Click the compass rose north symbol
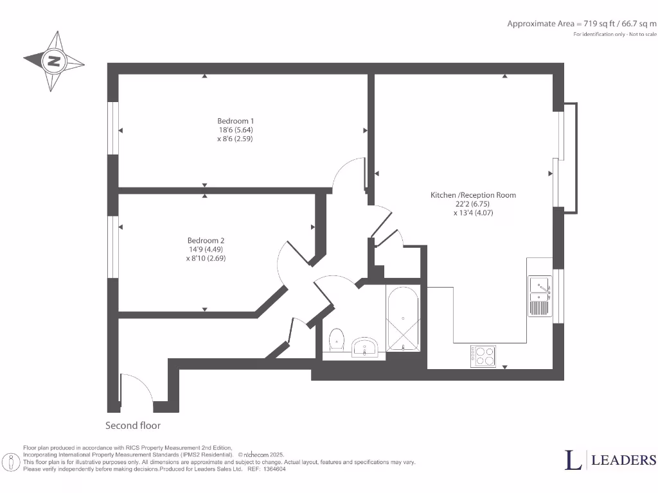coord(54,62)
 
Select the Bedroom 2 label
coord(206,240)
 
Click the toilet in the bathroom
coord(337,338)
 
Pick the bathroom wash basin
coord(368,347)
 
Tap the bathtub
coord(403,318)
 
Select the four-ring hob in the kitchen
coord(483,356)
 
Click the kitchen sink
coord(540,296)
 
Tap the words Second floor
coord(133,426)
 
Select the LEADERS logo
coord(610,460)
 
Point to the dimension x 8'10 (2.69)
coord(206,258)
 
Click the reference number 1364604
coord(272,469)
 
